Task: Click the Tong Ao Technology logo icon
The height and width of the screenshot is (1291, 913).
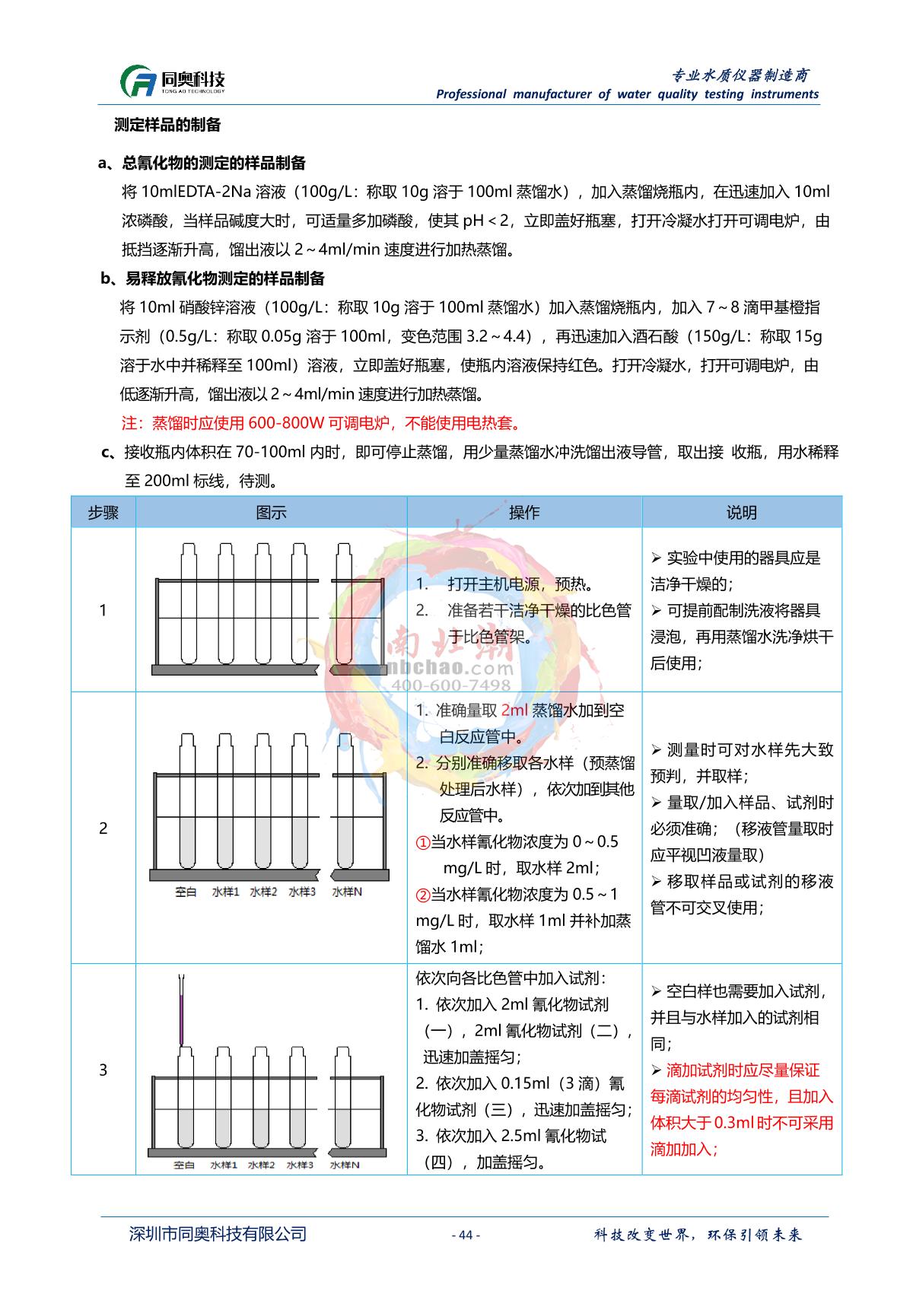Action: pos(138,81)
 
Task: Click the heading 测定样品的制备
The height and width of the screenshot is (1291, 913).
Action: pos(167,125)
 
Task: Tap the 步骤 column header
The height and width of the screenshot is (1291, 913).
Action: pos(103,512)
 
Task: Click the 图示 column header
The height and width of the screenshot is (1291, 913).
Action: pos(271,512)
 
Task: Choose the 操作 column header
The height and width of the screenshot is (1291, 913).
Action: pos(524,512)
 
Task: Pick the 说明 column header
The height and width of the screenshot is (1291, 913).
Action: pos(741,512)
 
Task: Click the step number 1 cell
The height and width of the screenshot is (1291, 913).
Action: pos(103,610)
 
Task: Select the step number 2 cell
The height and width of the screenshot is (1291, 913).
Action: pos(103,828)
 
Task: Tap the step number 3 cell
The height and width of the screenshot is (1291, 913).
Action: pos(103,1070)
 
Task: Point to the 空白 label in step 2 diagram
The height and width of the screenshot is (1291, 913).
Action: pos(186,892)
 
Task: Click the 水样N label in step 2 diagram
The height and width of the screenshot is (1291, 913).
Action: pos(347,892)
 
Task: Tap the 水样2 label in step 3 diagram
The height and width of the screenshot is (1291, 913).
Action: pos(262,1164)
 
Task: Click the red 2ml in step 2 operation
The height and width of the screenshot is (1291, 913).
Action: pos(514,711)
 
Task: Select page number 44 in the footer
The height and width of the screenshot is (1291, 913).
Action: pos(466,1235)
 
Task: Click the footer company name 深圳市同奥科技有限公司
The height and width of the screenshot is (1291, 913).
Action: pos(218,1234)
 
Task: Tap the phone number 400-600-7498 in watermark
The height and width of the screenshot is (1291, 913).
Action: pos(450,685)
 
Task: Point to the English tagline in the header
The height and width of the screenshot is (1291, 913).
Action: pos(627,94)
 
